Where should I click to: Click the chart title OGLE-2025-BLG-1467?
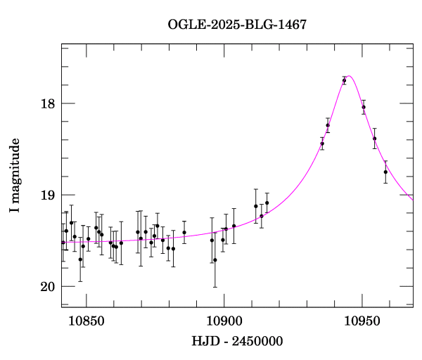[x=237, y=24]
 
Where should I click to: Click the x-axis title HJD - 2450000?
[x=237, y=342]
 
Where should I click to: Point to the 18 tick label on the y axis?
[x=46, y=104]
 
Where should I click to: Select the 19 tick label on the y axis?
[x=46, y=195]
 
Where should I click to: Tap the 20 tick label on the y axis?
[x=46, y=287]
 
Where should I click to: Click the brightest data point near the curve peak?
[x=344, y=81]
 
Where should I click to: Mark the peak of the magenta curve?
[x=349, y=76]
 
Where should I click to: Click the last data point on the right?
[x=385, y=172]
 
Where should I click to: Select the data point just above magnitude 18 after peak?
[x=364, y=107]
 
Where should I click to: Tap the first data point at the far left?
[x=63, y=243]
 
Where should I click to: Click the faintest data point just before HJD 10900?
[x=215, y=259]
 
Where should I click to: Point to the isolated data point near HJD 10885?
[x=184, y=233]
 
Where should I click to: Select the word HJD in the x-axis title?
[x=205, y=342]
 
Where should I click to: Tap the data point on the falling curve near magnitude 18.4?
[x=375, y=139]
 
